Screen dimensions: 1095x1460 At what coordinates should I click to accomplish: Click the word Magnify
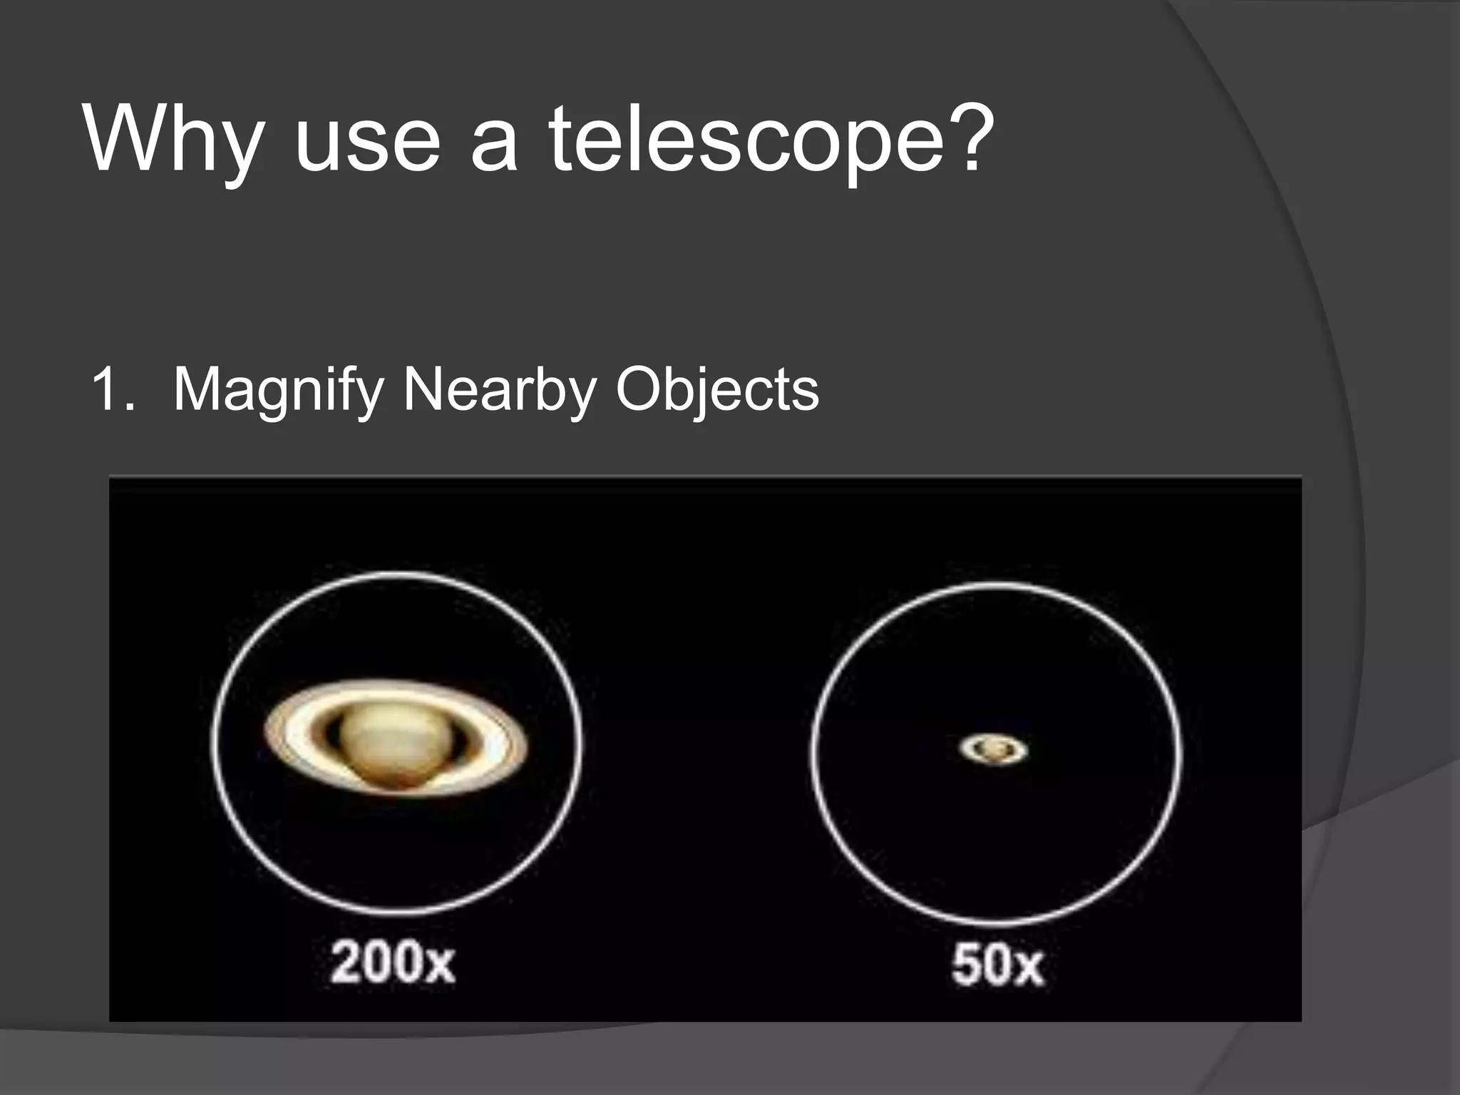click(x=278, y=391)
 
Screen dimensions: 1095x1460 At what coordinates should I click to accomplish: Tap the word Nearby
click(x=500, y=391)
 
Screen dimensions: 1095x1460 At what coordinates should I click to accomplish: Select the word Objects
click(x=717, y=391)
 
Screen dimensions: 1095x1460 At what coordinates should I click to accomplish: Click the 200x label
click(x=393, y=963)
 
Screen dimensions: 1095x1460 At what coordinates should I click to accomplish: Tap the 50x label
click(x=997, y=966)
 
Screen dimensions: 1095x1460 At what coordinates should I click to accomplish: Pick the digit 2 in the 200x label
click(x=345, y=963)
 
